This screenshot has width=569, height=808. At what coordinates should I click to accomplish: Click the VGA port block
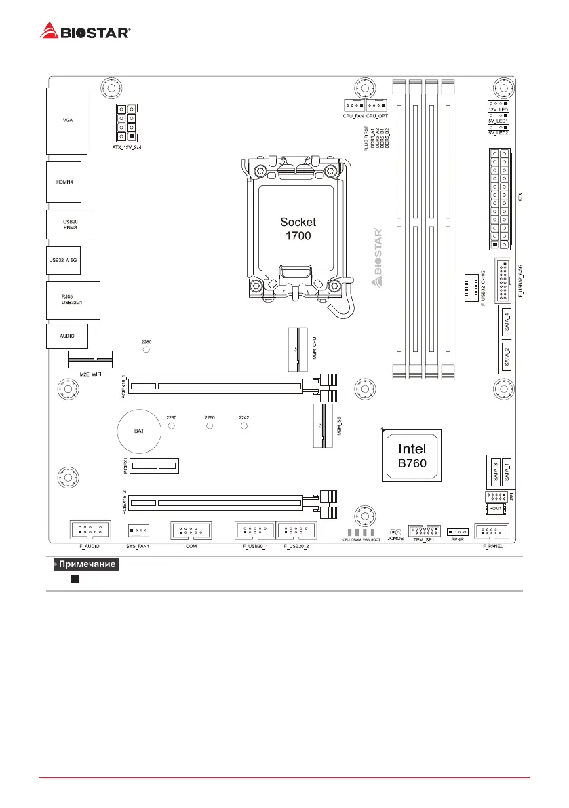point(67,121)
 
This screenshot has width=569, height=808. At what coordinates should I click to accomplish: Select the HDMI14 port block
point(64,182)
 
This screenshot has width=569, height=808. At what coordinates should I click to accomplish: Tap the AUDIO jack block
point(66,336)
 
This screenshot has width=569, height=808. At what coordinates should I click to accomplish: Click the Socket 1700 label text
point(298,229)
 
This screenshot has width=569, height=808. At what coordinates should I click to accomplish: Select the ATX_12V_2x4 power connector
point(126,123)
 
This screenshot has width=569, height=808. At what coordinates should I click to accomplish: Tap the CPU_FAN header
point(353,105)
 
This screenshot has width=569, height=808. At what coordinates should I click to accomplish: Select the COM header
point(191,530)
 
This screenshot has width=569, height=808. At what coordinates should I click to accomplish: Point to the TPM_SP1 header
point(425,530)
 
